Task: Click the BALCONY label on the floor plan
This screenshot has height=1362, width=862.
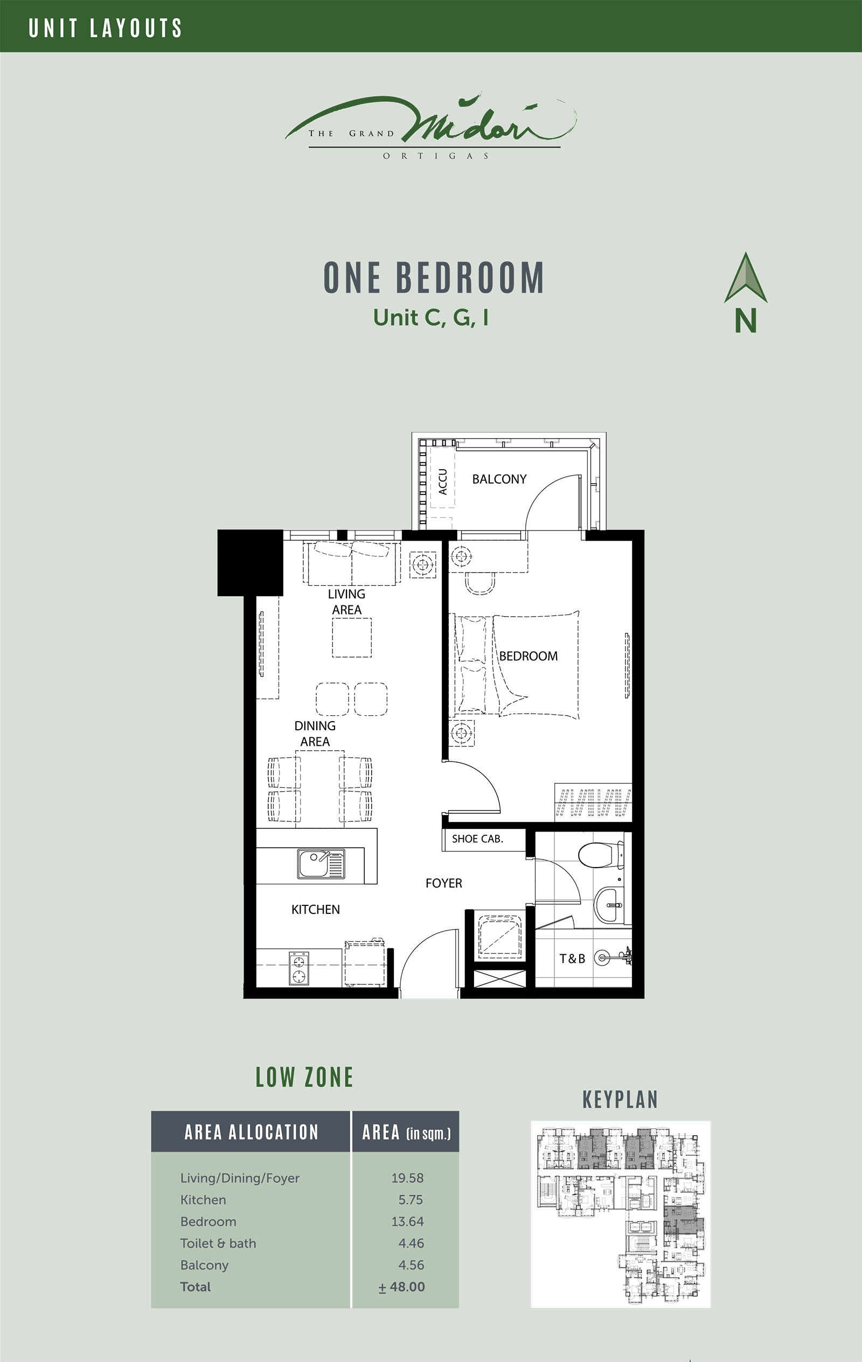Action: pyautogui.click(x=499, y=479)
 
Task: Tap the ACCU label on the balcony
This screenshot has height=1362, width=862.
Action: pyautogui.click(x=443, y=482)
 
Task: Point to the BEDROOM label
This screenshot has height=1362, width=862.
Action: pyautogui.click(x=528, y=656)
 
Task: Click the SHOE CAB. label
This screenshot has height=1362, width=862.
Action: pyautogui.click(x=477, y=839)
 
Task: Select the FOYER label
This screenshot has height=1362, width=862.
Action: pyautogui.click(x=444, y=883)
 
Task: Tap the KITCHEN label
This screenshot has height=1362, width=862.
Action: pyautogui.click(x=316, y=910)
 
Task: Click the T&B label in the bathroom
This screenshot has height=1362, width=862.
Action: pyautogui.click(x=572, y=959)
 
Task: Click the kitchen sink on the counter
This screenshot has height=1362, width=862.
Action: pyautogui.click(x=321, y=864)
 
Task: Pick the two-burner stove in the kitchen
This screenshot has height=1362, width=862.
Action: pyautogui.click(x=299, y=968)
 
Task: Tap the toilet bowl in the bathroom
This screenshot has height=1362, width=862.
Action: pyautogui.click(x=601, y=855)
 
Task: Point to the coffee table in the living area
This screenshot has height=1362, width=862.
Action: pyautogui.click(x=352, y=638)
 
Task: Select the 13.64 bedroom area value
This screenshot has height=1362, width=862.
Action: pyautogui.click(x=407, y=1221)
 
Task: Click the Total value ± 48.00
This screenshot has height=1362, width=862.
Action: pyautogui.click(x=402, y=1286)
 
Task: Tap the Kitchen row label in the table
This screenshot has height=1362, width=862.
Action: pyautogui.click(x=203, y=1200)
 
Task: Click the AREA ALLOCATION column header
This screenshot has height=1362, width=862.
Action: pyautogui.click(x=251, y=1132)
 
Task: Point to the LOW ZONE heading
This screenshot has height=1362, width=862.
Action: pyautogui.click(x=304, y=1078)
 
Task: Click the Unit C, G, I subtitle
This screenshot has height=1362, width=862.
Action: pyautogui.click(x=430, y=317)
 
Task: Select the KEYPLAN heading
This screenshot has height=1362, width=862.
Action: pyautogui.click(x=620, y=1100)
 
